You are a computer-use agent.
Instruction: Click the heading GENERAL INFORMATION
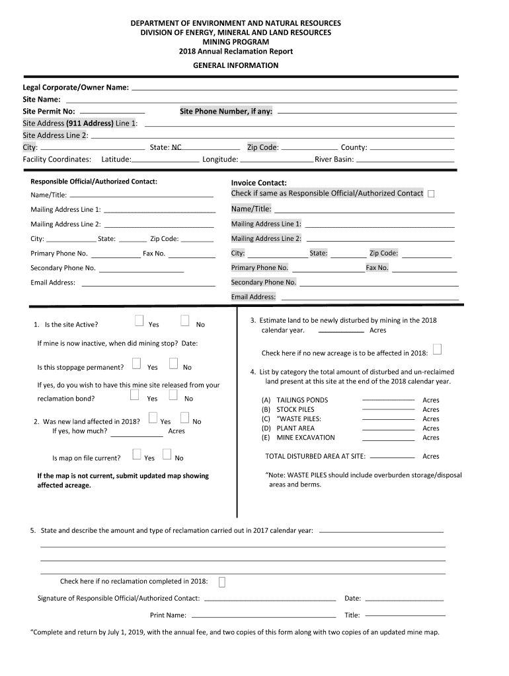(235, 65)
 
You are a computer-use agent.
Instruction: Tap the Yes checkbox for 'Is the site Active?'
(139, 321)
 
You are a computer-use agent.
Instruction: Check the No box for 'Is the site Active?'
(185, 321)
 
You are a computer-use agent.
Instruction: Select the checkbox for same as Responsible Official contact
(431, 193)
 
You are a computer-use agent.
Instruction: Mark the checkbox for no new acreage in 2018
(437, 349)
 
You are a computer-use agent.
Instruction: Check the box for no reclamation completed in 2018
(222, 582)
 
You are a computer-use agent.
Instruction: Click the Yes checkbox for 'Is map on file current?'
(137, 454)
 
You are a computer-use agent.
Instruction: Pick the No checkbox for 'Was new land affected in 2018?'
(185, 418)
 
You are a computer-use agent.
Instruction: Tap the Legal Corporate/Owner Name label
(75, 87)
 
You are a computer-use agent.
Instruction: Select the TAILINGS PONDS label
(302, 400)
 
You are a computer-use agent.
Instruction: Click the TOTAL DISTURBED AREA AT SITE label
(315, 456)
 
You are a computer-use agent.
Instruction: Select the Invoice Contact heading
(258, 183)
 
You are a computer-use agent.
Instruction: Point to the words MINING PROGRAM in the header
(235, 42)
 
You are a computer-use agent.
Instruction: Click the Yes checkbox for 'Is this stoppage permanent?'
(136, 364)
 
